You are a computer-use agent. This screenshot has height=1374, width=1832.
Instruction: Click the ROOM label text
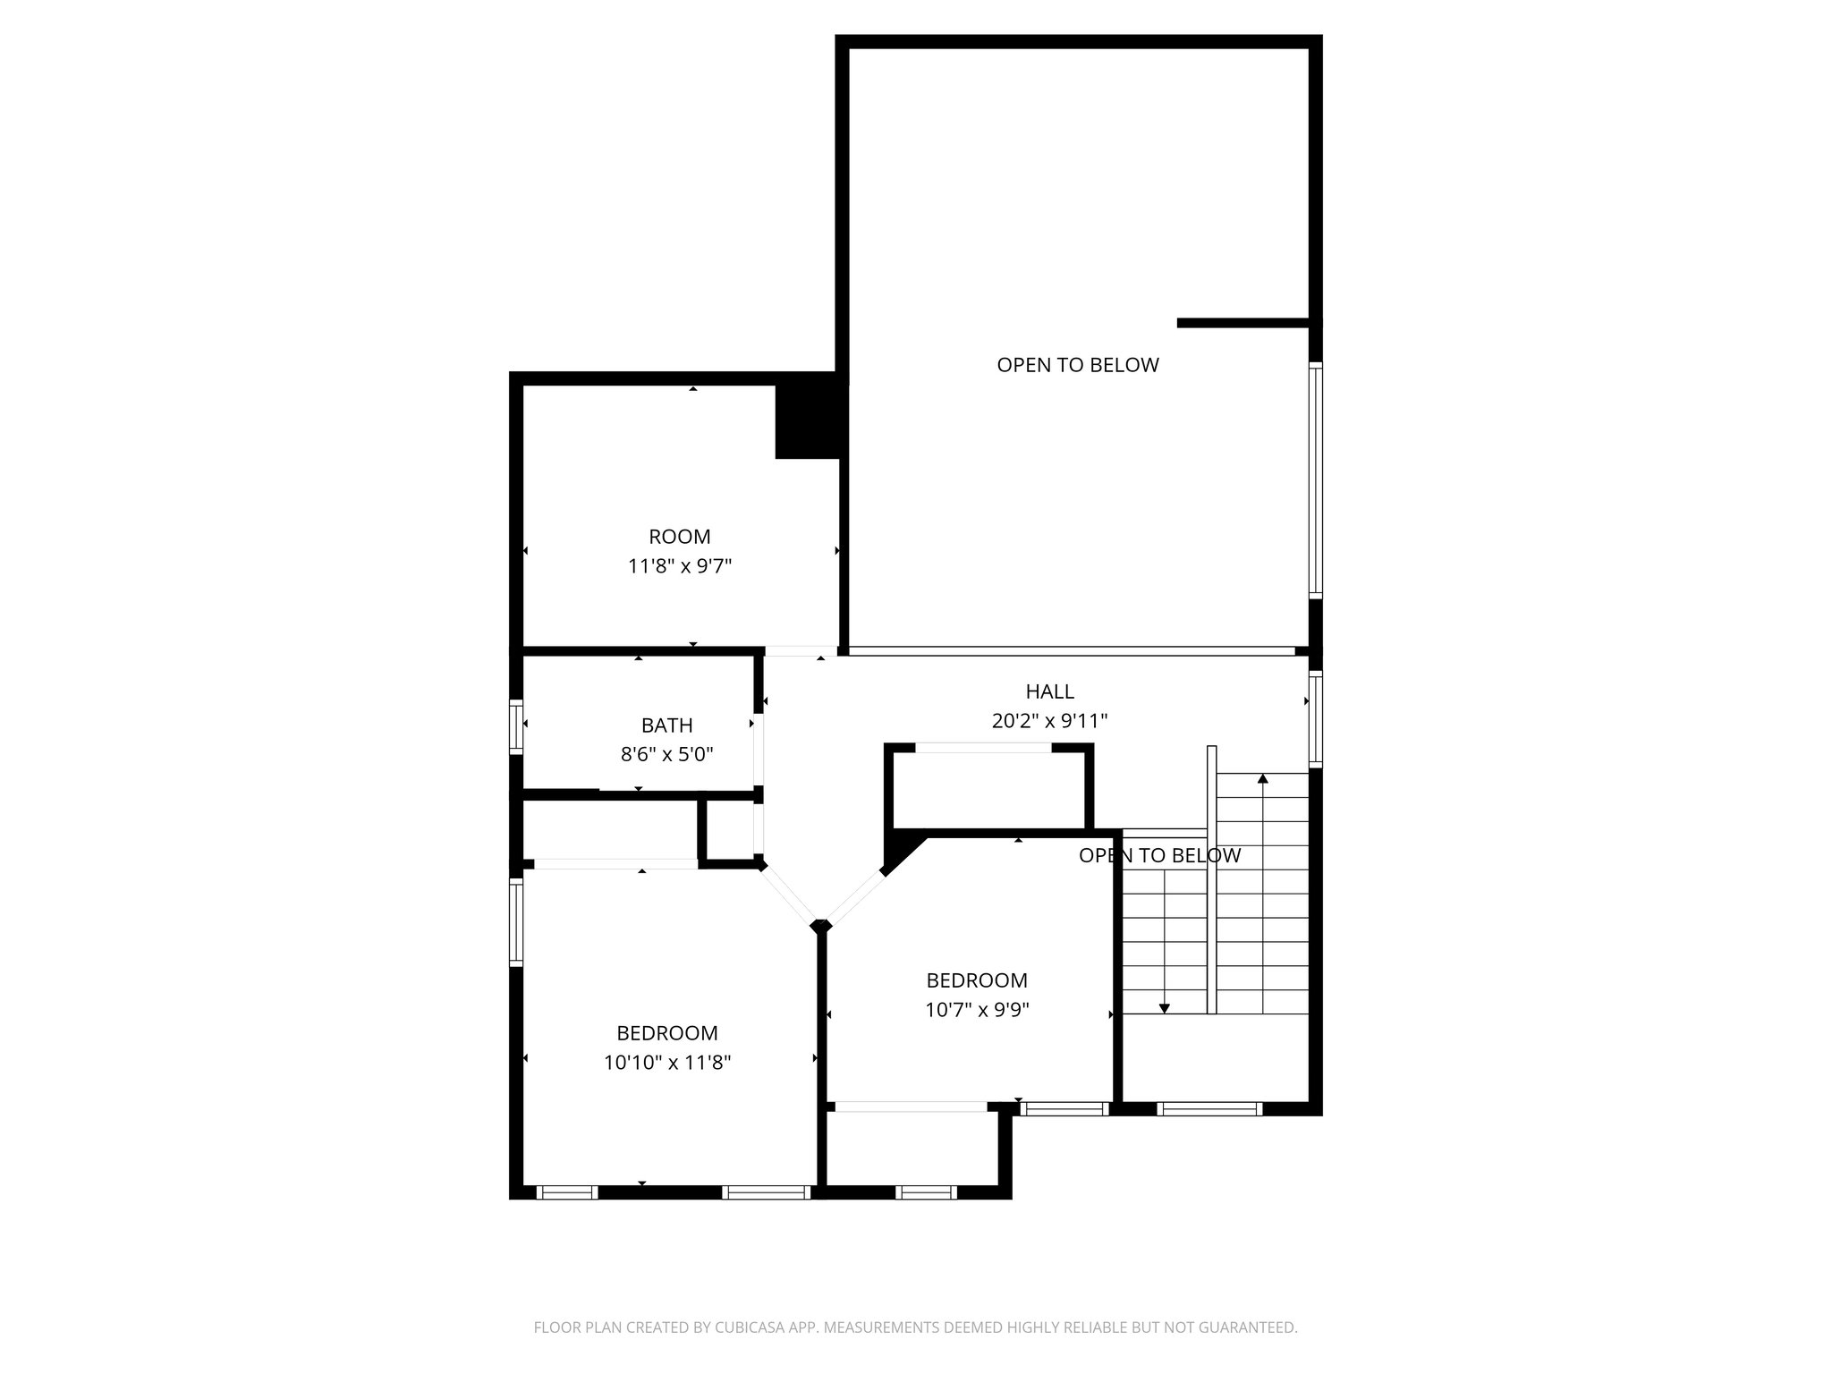coord(679,537)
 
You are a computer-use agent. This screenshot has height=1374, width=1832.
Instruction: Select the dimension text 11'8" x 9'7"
coord(679,566)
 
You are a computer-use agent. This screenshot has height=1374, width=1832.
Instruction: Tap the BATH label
coord(666,725)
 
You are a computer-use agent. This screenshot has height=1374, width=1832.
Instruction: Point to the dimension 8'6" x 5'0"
coord(666,754)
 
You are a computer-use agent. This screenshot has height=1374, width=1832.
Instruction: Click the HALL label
coord(1049,691)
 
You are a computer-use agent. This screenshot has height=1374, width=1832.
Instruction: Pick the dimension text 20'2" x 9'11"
coord(1049,721)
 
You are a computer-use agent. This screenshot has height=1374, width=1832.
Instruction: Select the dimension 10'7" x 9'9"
coord(977,1010)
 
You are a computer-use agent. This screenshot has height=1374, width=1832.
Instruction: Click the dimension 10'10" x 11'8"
coord(666,1063)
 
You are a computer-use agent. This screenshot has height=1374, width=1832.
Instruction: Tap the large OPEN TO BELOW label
coord(1077,365)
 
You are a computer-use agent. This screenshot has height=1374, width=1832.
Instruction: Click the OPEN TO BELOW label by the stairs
coord(1159,856)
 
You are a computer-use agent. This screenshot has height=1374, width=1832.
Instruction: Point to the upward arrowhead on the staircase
coord(1262,779)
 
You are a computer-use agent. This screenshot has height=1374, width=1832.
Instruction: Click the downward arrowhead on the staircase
coord(1164,1008)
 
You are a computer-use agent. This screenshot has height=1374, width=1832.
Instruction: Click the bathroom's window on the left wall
coord(515,725)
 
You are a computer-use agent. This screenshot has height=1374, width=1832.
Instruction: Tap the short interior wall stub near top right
coord(1243,323)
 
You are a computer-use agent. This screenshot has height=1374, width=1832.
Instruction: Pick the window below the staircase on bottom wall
coord(1209,1109)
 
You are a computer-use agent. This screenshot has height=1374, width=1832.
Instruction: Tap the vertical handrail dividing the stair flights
coord(1211,879)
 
